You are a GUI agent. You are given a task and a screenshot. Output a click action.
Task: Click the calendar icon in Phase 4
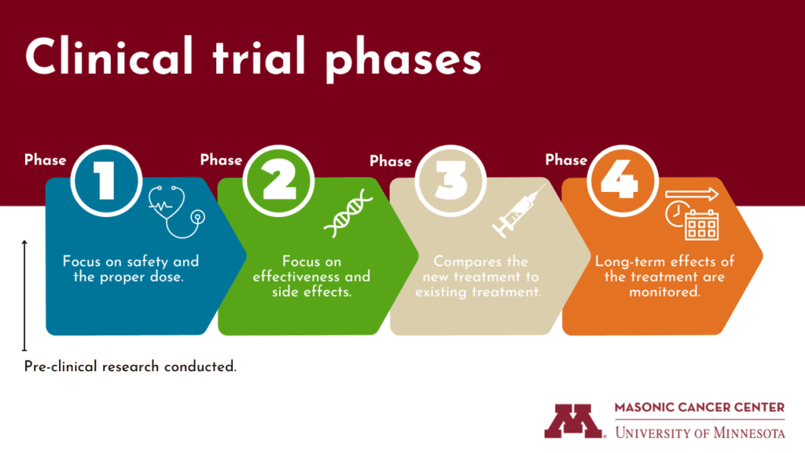pos(701,225)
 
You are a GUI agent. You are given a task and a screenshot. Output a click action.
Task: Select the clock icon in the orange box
pos(675,214)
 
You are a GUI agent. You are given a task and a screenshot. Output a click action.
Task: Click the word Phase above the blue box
pos(46,160)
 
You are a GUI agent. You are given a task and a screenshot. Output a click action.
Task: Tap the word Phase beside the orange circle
pos(566,160)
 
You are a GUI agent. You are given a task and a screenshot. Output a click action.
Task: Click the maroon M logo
pos(575,421)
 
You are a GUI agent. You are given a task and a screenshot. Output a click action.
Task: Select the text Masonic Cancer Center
pos(700,407)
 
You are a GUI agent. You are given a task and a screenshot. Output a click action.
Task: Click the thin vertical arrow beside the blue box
pos(25,295)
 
